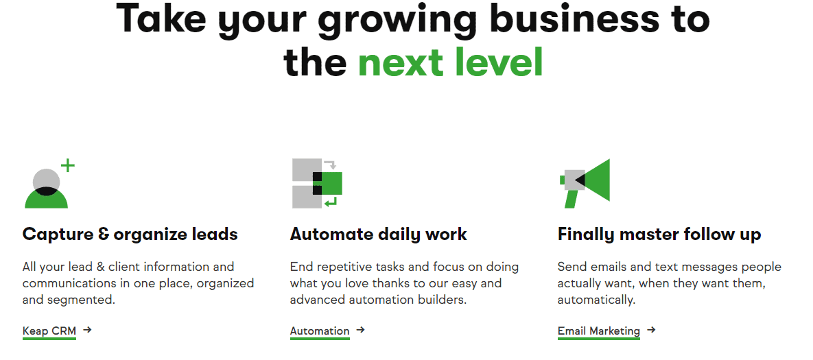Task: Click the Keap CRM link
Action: tap(49, 331)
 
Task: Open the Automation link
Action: tap(320, 331)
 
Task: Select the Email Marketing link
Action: tap(599, 331)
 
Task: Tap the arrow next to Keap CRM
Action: tap(87, 329)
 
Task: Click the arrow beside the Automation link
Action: tap(360, 329)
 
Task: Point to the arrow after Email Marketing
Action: tap(651, 329)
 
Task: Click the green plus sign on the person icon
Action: tap(68, 166)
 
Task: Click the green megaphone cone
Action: tap(596, 180)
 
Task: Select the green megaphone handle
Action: tap(571, 199)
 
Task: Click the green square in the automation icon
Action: tap(331, 183)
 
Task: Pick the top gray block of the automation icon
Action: tap(307, 170)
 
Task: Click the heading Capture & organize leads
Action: tap(130, 234)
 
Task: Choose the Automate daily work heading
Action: tap(379, 234)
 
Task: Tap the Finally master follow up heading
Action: tap(659, 234)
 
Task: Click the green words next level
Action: tap(451, 62)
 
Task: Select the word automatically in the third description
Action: tap(597, 300)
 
